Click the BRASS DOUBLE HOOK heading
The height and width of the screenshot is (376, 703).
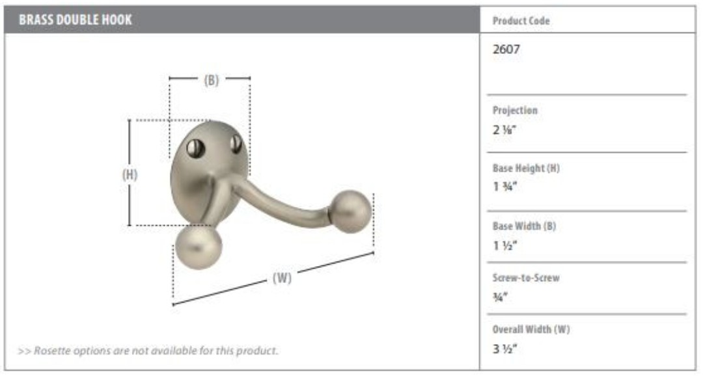76,20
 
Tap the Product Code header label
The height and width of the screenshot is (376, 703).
521,21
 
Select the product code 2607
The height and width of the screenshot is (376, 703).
506,49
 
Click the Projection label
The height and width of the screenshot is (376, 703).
515,110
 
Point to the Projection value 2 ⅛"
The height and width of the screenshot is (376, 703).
504,130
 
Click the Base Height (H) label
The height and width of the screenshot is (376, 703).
526,168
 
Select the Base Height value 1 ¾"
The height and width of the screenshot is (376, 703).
505,187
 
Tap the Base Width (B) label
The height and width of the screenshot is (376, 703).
524,226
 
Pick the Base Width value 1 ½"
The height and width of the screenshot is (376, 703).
505,246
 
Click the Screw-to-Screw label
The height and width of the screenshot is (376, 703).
526,278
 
